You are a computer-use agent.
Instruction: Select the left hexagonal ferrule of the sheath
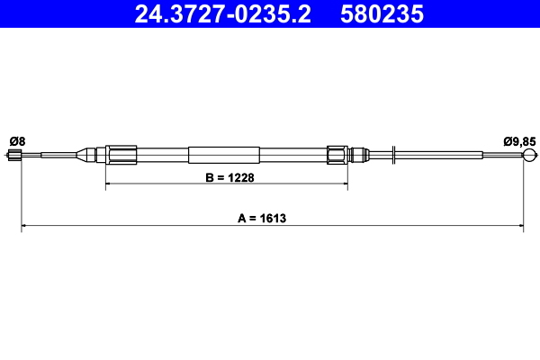click(x=121, y=155)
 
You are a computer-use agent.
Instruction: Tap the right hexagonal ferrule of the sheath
click(x=337, y=155)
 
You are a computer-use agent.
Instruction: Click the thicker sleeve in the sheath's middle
click(x=224, y=155)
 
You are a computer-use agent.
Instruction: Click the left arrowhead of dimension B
click(x=111, y=186)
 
